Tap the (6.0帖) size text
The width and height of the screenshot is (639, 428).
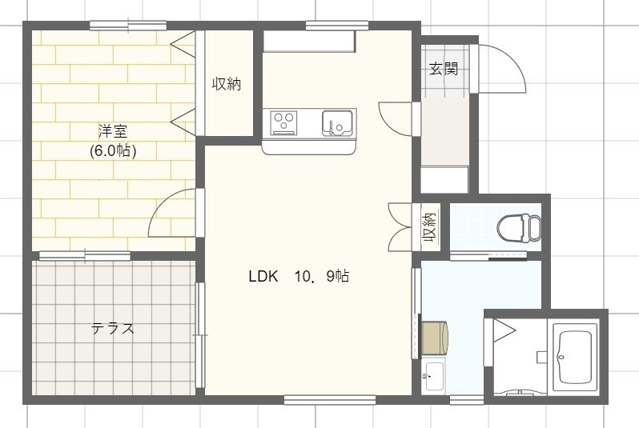tap(113, 150)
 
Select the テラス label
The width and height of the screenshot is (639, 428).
tap(112, 328)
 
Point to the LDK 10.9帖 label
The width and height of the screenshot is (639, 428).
tap(298, 277)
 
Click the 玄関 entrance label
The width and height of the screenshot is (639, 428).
tap(443, 69)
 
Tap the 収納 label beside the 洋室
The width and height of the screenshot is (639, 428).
tap(227, 83)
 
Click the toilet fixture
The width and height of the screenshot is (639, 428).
tap(517, 227)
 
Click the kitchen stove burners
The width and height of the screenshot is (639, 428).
tap(283, 122)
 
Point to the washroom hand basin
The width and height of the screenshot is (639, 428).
tap(433, 374)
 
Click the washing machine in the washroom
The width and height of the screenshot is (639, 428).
tap(435, 337)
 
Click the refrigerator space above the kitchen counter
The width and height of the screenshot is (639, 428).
tap(309, 42)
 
